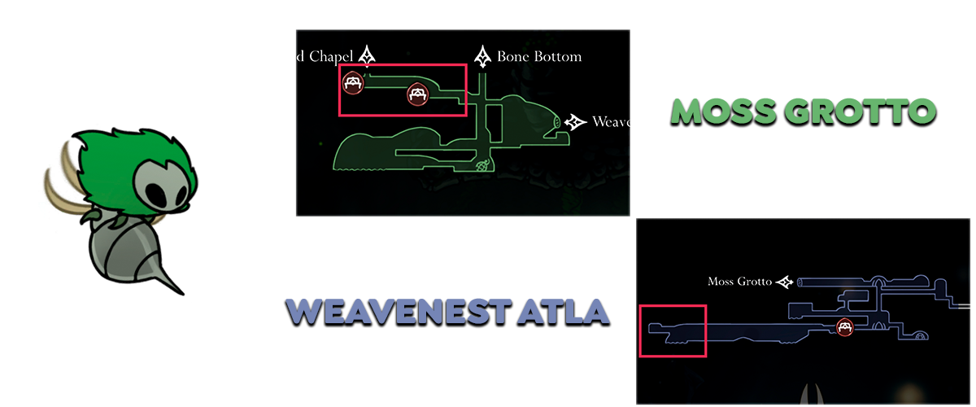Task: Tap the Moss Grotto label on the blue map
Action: (x=741, y=282)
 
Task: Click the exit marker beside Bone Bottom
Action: (x=485, y=57)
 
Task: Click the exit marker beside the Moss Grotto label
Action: (x=786, y=282)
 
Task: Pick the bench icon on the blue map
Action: (x=846, y=327)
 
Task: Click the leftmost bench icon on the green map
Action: (x=352, y=81)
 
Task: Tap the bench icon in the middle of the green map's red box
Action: (x=417, y=95)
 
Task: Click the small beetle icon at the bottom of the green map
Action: (x=482, y=165)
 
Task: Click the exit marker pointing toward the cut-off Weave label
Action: (x=577, y=122)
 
